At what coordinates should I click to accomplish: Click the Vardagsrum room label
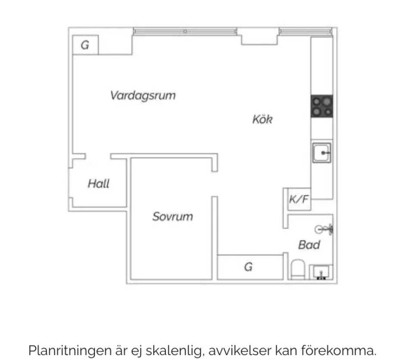pyautogui.click(x=143, y=95)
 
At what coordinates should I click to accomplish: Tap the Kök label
pyautogui.click(x=262, y=119)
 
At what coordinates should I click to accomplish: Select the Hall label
pyautogui.click(x=99, y=184)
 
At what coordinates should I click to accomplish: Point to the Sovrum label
pyautogui.click(x=172, y=217)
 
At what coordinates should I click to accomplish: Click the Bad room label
pyautogui.click(x=309, y=245)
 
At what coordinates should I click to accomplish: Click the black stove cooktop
pyautogui.click(x=322, y=106)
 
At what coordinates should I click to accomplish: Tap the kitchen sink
pyautogui.click(x=322, y=153)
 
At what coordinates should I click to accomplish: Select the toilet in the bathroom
pyautogui.click(x=297, y=270)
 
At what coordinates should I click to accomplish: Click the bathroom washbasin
pyautogui.click(x=321, y=272)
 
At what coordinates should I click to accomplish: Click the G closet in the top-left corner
pyautogui.click(x=85, y=45)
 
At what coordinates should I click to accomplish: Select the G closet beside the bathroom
pyautogui.click(x=249, y=267)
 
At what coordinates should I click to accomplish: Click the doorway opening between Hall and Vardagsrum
pyautogui.click(x=98, y=156)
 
